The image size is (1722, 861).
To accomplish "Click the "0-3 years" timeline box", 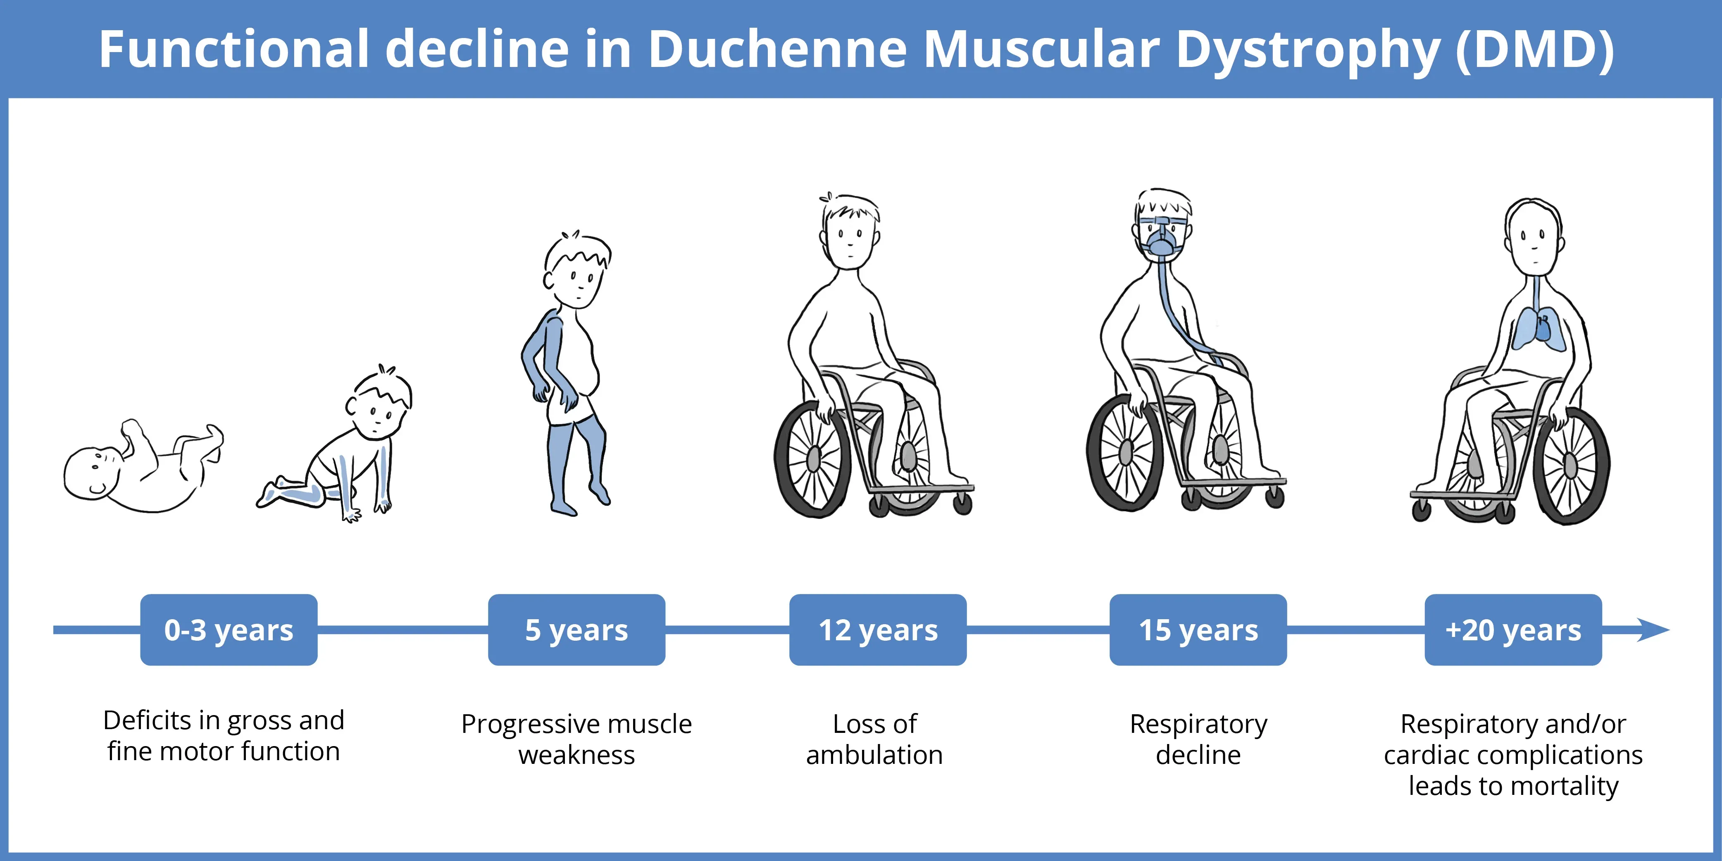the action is click(229, 630).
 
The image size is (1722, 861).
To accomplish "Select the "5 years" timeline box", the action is click(576, 630).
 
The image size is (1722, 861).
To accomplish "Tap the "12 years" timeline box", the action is click(878, 630).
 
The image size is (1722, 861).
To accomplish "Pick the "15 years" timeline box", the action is click(1198, 630).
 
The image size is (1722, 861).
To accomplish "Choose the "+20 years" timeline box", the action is click(1513, 630).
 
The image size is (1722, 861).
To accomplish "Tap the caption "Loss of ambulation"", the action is click(874, 739).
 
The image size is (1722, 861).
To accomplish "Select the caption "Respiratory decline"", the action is click(1198, 739).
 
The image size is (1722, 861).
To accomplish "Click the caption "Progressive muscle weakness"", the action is click(576, 739).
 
